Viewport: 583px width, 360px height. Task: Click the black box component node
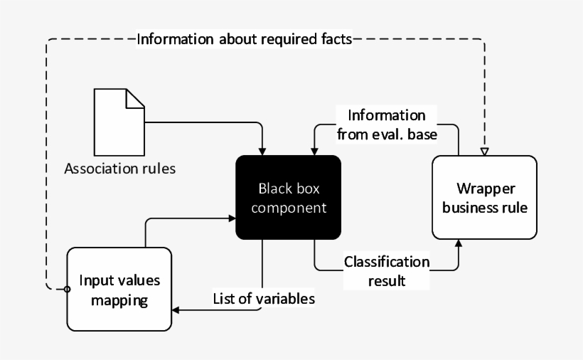pyautogui.click(x=289, y=198)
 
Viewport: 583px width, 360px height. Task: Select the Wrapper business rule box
pyautogui.click(x=484, y=198)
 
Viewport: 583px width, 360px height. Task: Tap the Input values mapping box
pyautogui.click(x=119, y=289)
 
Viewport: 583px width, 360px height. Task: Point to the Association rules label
pyautogui.click(x=119, y=169)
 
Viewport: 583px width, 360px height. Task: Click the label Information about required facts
pyautogui.click(x=244, y=38)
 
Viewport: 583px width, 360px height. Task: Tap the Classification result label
pyautogui.click(x=387, y=271)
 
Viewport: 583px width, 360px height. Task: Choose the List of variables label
pyautogui.click(x=264, y=299)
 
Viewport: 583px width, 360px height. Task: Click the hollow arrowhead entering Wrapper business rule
pyautogui.click(x=484, y=152)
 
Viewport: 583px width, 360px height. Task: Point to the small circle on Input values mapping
pyautogui.click(x=68, y=289)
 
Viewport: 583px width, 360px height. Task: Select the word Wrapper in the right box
pyautogui.click(x=484, y=189)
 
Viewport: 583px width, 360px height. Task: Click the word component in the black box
pyautogui.click(x=289, y=208)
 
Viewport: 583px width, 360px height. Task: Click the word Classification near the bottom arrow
pyautogui.click(x=387, y=262)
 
